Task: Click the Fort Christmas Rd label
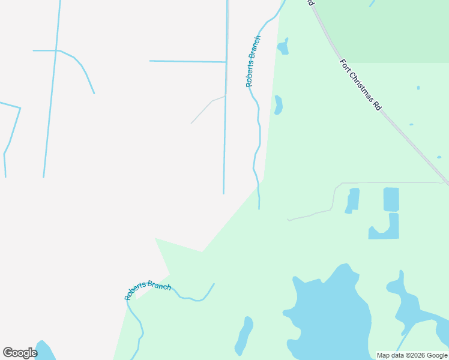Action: (x=361, y=84)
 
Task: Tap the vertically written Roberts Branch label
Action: (x=253, y=61)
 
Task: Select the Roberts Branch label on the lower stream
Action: (x=148, y=290)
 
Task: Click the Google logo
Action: (x=20, y=353)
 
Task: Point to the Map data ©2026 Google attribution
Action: (x=412, y=355)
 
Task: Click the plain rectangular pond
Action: (x=391, y=199)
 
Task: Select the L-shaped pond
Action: (x=387, y=229)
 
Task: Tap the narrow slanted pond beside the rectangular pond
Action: (x=352, y=200)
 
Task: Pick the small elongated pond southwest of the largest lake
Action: (x=244, y=335)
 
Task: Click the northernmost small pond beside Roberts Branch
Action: (x=283, y=47)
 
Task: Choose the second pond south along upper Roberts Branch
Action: (x=279, y=105)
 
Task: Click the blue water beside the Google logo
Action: (x=44, y=350)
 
